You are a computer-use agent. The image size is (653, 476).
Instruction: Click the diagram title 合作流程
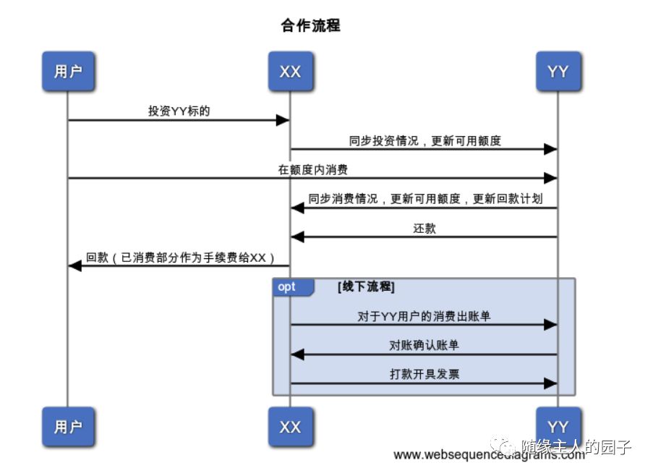310,26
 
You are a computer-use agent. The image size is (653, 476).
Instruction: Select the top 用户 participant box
68,71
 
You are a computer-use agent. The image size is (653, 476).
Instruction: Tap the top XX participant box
290,71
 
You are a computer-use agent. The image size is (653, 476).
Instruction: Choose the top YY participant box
558,71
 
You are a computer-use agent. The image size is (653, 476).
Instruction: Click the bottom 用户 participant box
68,427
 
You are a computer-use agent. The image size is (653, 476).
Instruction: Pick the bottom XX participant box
290,427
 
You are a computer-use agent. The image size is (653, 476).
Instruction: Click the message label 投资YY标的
179,111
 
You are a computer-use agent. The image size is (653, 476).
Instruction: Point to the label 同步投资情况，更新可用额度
424,140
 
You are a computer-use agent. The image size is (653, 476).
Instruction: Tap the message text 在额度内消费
312,170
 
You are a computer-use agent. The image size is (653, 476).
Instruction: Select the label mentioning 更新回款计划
425,199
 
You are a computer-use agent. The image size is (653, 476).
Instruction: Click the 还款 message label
424,228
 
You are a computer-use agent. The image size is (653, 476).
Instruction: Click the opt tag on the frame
288,287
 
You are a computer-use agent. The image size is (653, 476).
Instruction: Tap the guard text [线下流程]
366,287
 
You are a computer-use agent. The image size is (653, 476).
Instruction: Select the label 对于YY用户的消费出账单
424,316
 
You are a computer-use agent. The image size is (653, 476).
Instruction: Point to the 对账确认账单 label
424,345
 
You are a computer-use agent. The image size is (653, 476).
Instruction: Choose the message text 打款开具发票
424,374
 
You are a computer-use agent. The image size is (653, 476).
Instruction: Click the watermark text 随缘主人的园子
576,446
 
